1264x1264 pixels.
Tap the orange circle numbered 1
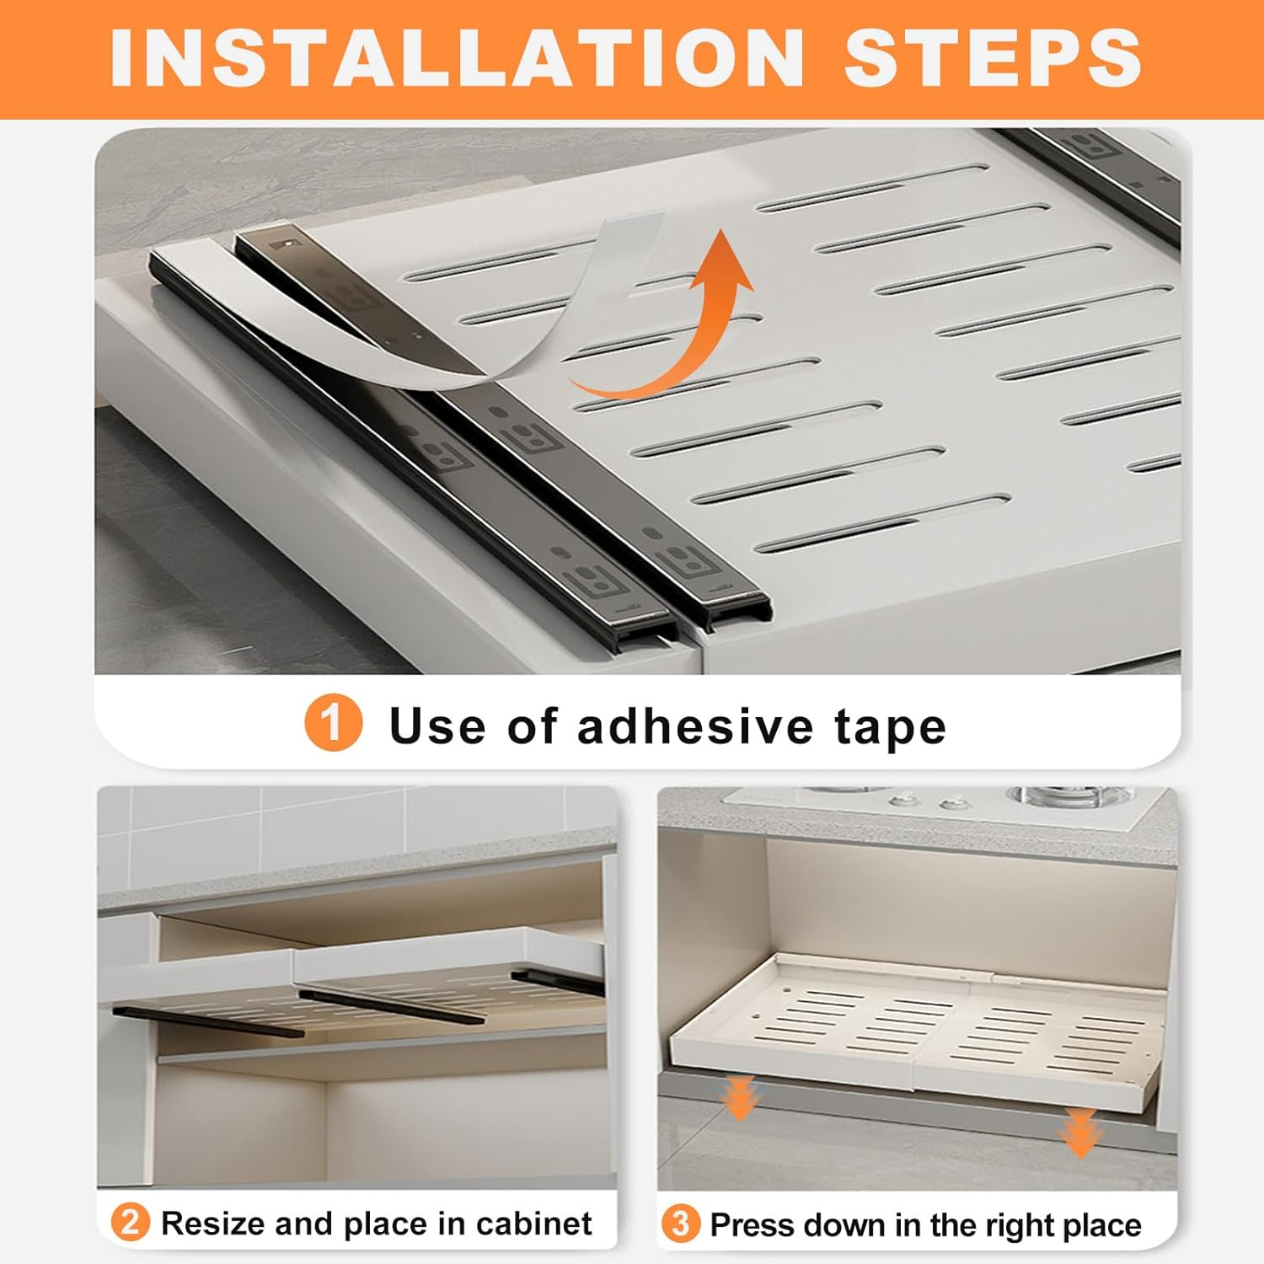334,724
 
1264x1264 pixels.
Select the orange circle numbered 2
131,1223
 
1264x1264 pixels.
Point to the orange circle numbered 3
680,1224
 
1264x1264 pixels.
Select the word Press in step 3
750,1224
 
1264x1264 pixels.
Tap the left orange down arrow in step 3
740,1100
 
